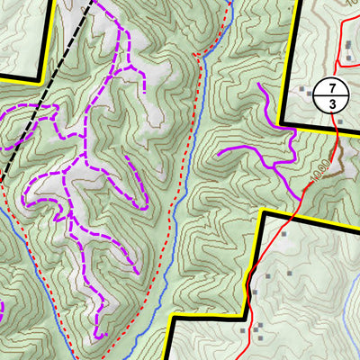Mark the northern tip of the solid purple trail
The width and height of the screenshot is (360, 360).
point(259,85)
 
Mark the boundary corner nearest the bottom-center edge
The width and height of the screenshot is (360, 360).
point(169,319)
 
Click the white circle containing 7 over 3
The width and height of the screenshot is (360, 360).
point(328,96)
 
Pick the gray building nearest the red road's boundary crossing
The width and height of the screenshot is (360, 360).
point(283,233)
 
